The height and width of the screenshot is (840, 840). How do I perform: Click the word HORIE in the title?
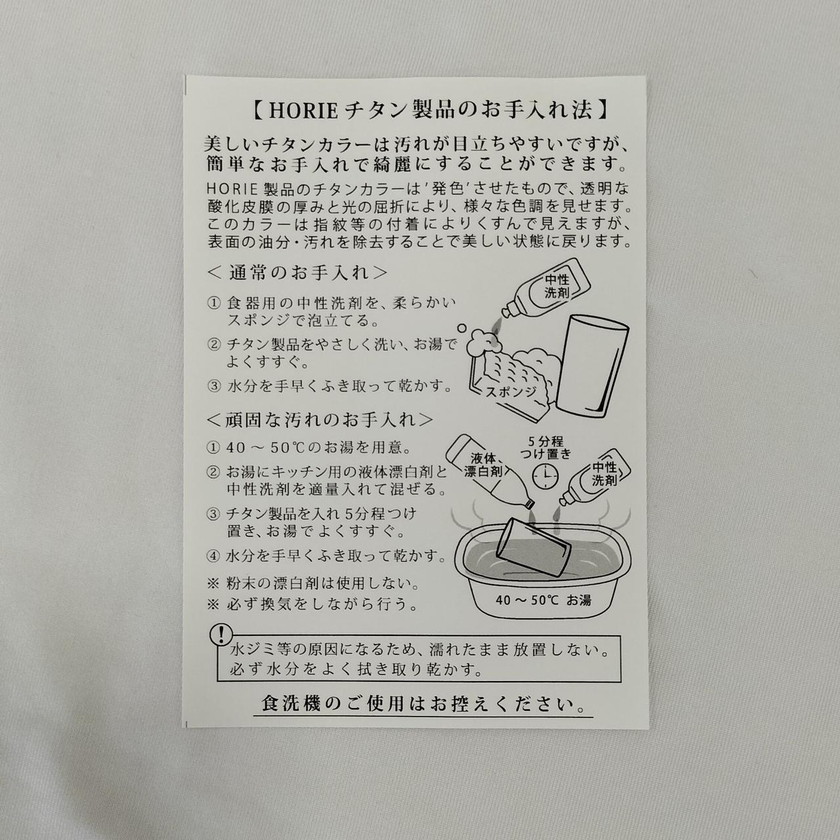pos(303,111)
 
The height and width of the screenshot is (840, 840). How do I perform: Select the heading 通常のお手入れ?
pos(297,273)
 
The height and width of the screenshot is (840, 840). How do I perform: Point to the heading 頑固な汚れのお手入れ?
pos(320,420)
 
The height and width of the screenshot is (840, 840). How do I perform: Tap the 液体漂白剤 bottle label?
pos(484,465)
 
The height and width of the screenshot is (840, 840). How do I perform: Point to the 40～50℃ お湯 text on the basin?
pos(543,600)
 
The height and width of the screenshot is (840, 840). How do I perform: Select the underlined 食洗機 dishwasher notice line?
pos(423,703)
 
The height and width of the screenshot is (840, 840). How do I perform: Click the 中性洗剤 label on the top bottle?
pos(557,286)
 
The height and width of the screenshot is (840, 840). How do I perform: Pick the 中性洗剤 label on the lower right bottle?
pos(604,474)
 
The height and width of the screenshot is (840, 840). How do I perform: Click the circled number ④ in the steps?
pos(213,556)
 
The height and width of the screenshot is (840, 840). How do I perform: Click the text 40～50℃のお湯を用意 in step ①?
pos(318,448)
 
